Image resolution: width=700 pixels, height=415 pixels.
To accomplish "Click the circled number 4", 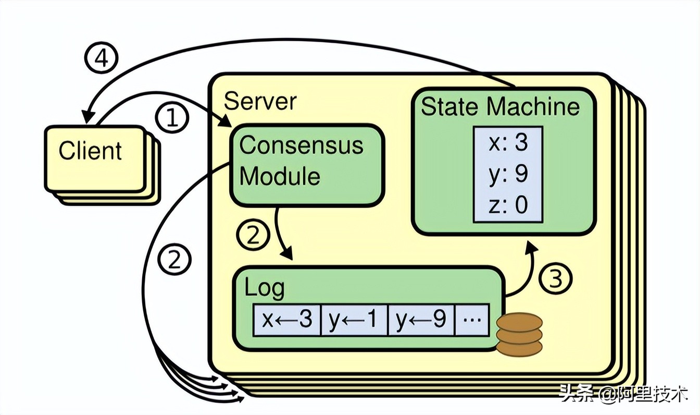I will pos(101,59).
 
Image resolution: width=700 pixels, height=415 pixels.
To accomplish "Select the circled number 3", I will pos(556,279).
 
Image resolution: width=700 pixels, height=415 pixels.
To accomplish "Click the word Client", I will pos(90,151).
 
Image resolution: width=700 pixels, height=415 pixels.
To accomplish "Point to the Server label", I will pos(260,101).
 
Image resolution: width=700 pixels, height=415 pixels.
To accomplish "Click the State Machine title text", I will pos(500,106).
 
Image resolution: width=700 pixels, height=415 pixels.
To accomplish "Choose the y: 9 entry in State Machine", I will pos(508,174).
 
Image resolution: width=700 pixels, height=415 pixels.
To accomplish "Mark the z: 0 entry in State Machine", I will pos(508,204).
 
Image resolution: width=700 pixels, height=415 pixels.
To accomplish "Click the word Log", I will pos(265,288).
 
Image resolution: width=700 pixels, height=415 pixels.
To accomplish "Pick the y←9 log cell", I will pos(421,319).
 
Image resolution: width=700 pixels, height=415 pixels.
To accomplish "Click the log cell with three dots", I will pos(472,319).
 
